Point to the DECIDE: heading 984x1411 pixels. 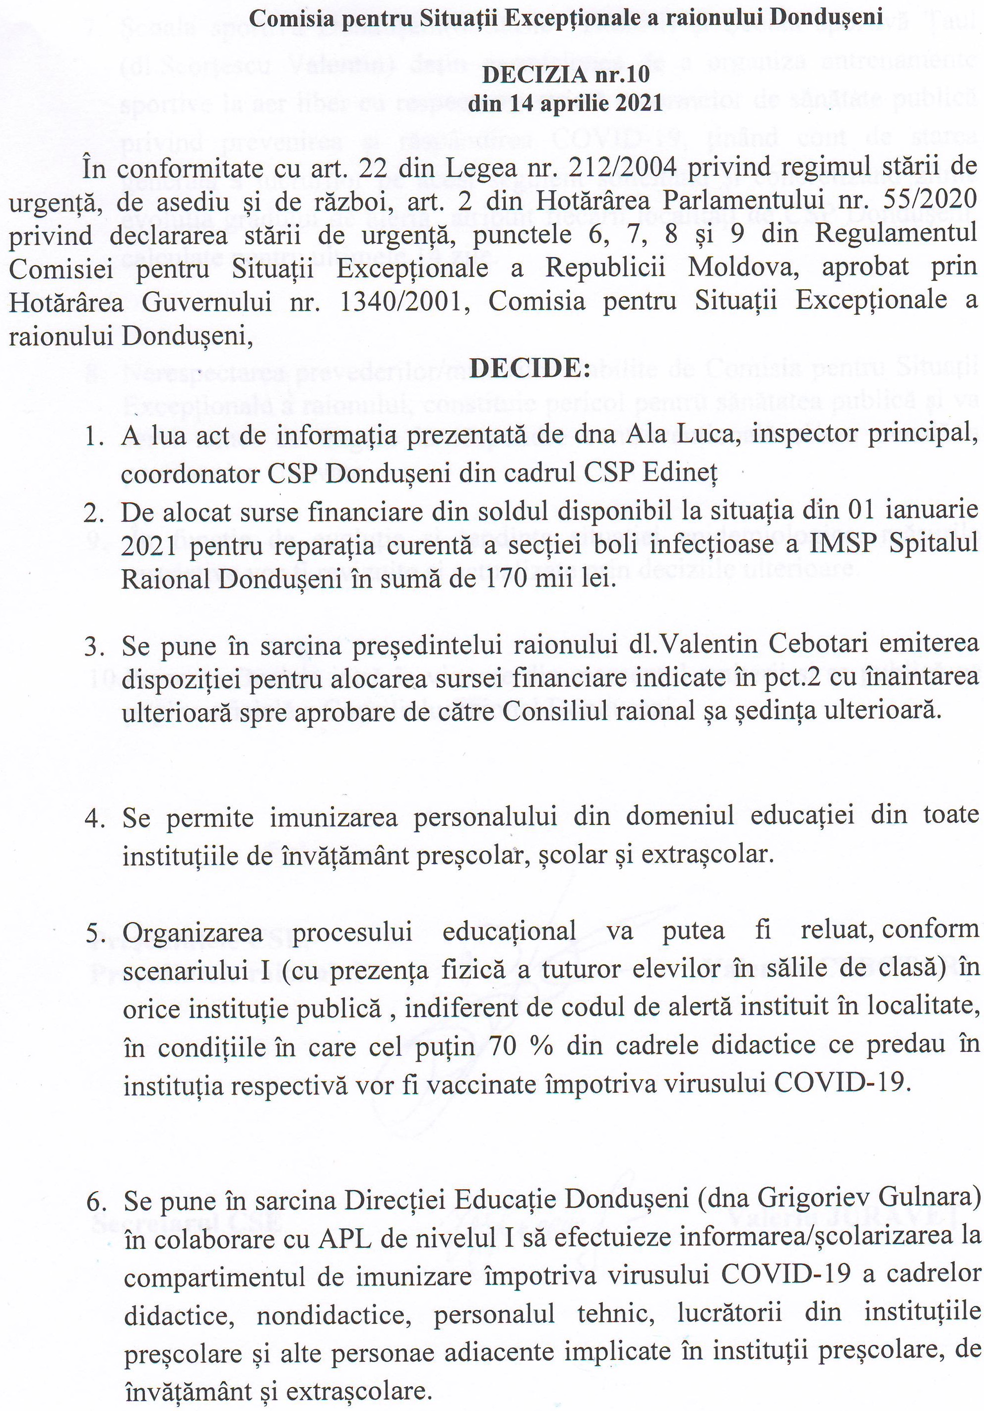click(x=530, y=368)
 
